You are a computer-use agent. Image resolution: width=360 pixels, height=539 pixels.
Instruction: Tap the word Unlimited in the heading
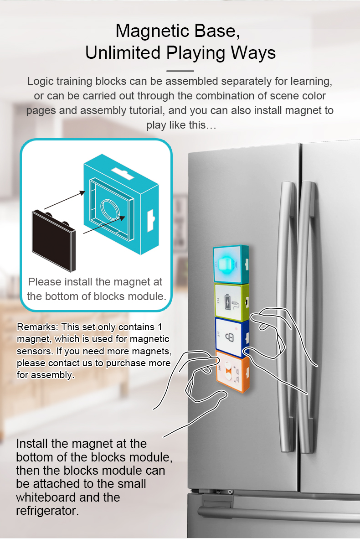pyautogui.click(x=123, y=52)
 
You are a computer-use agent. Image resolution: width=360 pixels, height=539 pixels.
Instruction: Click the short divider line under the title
pyautogui.click(x=180, y=71)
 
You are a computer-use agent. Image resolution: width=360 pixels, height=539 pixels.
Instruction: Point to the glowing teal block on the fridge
pyautogui.click(x=231, y=264)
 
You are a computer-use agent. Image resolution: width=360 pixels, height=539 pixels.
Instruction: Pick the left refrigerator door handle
pyautogui.click(x=286, y=316)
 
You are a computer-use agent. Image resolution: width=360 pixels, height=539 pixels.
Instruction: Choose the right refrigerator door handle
pyautogui.click(x=307, y=316)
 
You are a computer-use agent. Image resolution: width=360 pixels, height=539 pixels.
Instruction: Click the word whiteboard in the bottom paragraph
pyautogui.click(x=46, y=498)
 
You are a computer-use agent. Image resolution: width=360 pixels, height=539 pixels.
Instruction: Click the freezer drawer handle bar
pyautogui.click(x=279, y=514)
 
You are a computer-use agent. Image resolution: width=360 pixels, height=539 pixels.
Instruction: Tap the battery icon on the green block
pyautogui.click(x=228, y=302)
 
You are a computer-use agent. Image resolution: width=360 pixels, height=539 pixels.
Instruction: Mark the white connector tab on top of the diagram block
pyautogui.click(x=122, y=173)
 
